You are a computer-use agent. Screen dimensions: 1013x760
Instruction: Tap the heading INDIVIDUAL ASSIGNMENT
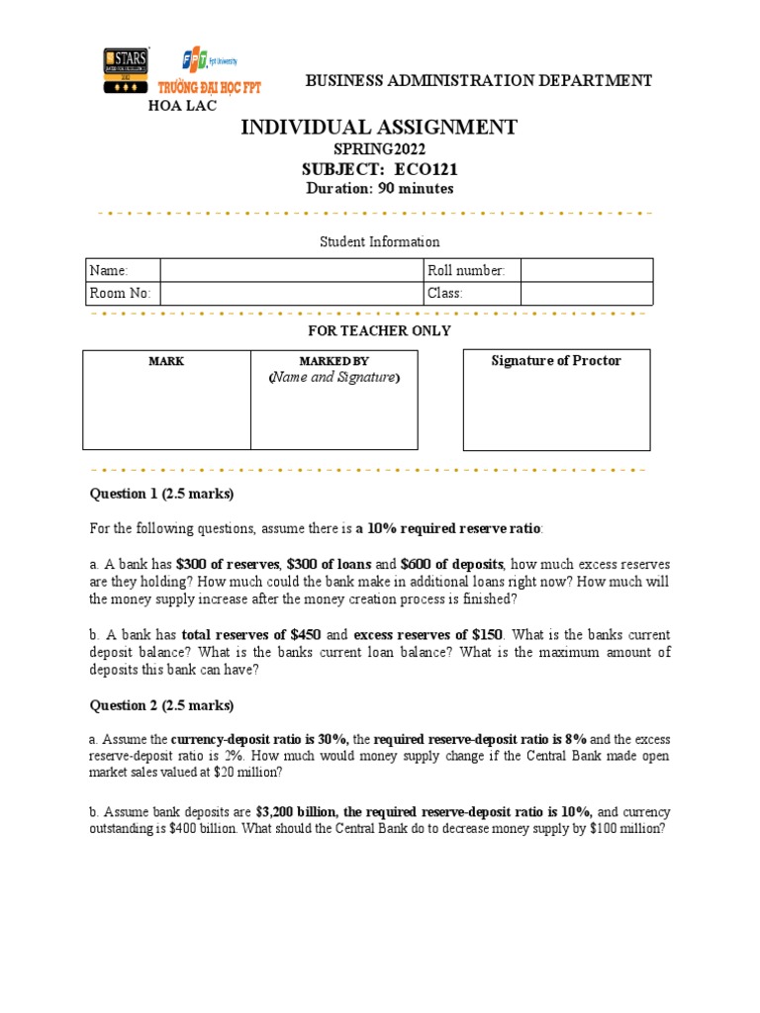click(x=379, y=127)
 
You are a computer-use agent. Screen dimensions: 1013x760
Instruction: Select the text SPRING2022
click(x=379, y=149)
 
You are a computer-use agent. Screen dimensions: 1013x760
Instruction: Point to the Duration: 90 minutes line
click(x=379, y=189)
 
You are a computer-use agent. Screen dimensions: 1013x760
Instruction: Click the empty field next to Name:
click(x=290, y=270)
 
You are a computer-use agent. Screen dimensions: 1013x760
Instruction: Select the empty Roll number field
click(x=586, y=270)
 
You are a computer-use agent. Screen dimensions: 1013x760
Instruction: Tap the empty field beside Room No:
click(x=290, y=294)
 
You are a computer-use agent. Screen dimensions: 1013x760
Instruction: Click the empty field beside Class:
click(x=586, y=294)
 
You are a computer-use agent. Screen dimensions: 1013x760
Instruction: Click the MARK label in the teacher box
click(x=166, y=362)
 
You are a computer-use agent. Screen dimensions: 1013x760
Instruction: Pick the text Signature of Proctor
click(x=556, y=361)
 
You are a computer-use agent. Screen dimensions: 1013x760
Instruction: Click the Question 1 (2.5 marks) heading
click(x=162, y=494)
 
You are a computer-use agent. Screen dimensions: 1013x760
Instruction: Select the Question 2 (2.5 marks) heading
click(x=162, y=705)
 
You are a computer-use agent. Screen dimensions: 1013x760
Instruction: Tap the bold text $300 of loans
click(x=328, y=563)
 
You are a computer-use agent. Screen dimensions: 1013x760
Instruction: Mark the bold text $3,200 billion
click(x=296, y=812)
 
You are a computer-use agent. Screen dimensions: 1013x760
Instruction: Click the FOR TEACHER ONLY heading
click(x=379, y=330)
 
